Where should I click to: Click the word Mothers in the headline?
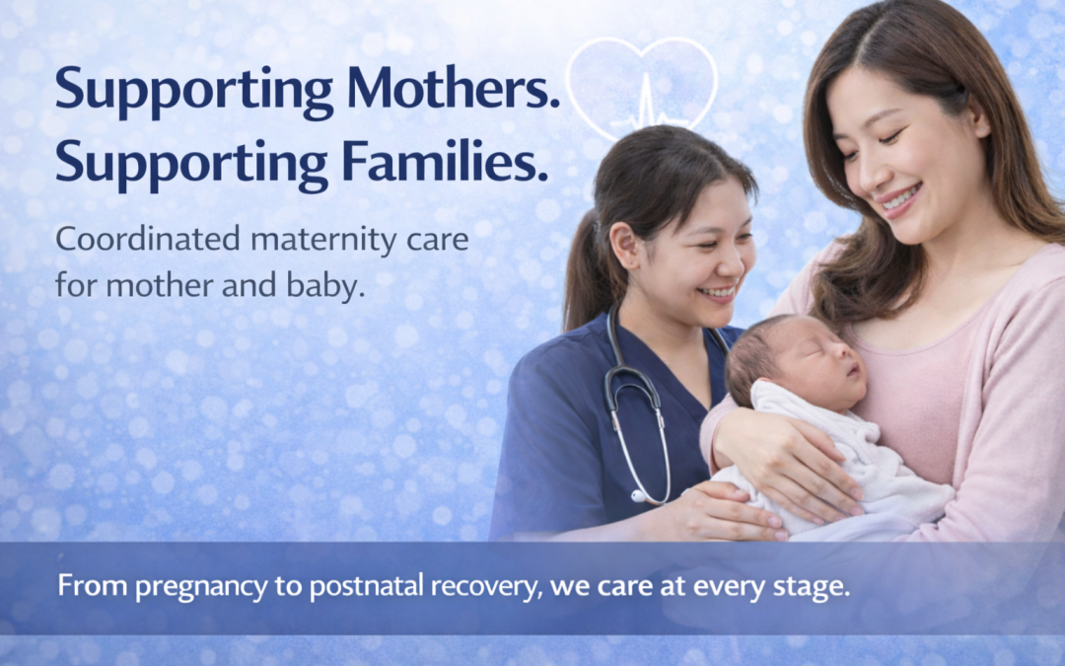[453, 88]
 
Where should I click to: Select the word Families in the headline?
[444, 161]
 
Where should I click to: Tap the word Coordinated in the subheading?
[148, 239]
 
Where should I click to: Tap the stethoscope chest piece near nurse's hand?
[639, 496]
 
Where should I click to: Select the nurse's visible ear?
[624, 245]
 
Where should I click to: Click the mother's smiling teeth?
[900, 197]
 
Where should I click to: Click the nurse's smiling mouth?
[719, 292]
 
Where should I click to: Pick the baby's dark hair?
[754, 353]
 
